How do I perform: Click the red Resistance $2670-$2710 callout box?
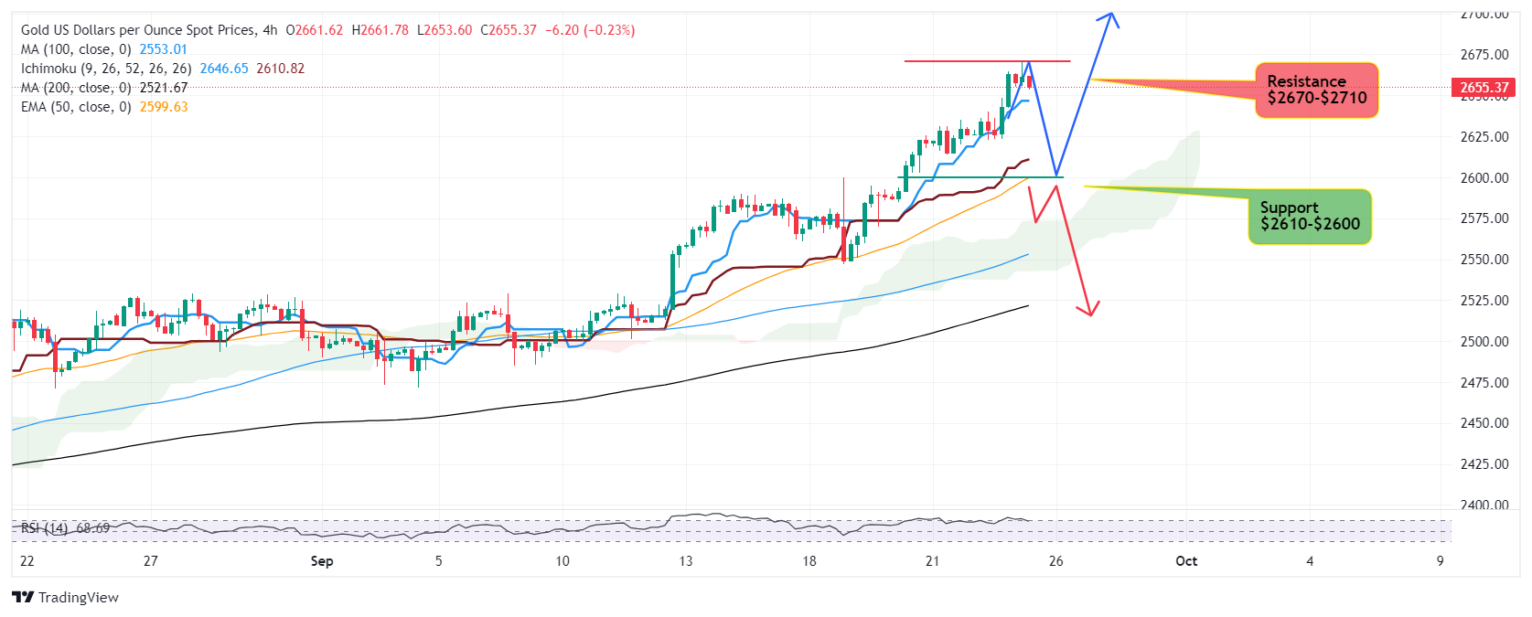[1316, 90]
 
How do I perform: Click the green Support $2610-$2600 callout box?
[1310, 217]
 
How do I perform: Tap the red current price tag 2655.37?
[1484, 88]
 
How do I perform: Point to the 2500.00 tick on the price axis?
[1484, 341]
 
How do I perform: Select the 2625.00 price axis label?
[1484, 137]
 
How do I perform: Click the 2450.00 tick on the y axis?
[1484, 423]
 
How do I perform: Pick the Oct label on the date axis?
[1186, 561]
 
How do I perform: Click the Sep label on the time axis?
[322, 561]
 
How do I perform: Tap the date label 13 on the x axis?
[685, 561]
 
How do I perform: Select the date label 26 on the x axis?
[1055, 561]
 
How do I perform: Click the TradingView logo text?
[78, 598]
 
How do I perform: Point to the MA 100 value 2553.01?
[163, 49]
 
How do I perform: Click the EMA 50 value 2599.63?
[164, 107]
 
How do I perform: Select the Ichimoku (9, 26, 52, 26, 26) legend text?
[106, 69]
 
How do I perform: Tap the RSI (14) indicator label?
[45, 528]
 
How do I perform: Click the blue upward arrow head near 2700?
[1110, 16]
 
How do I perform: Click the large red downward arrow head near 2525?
[1089, 312]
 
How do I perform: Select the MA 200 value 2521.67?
[163, 88]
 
